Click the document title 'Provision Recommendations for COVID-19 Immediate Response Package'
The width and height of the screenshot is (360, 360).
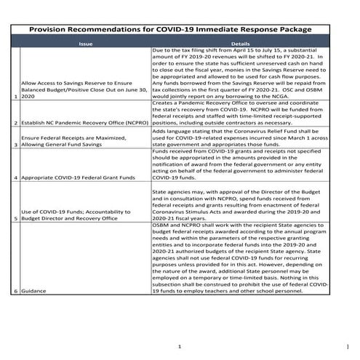[x=179, y=30]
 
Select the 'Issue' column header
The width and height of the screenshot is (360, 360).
[x=85, y=44]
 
